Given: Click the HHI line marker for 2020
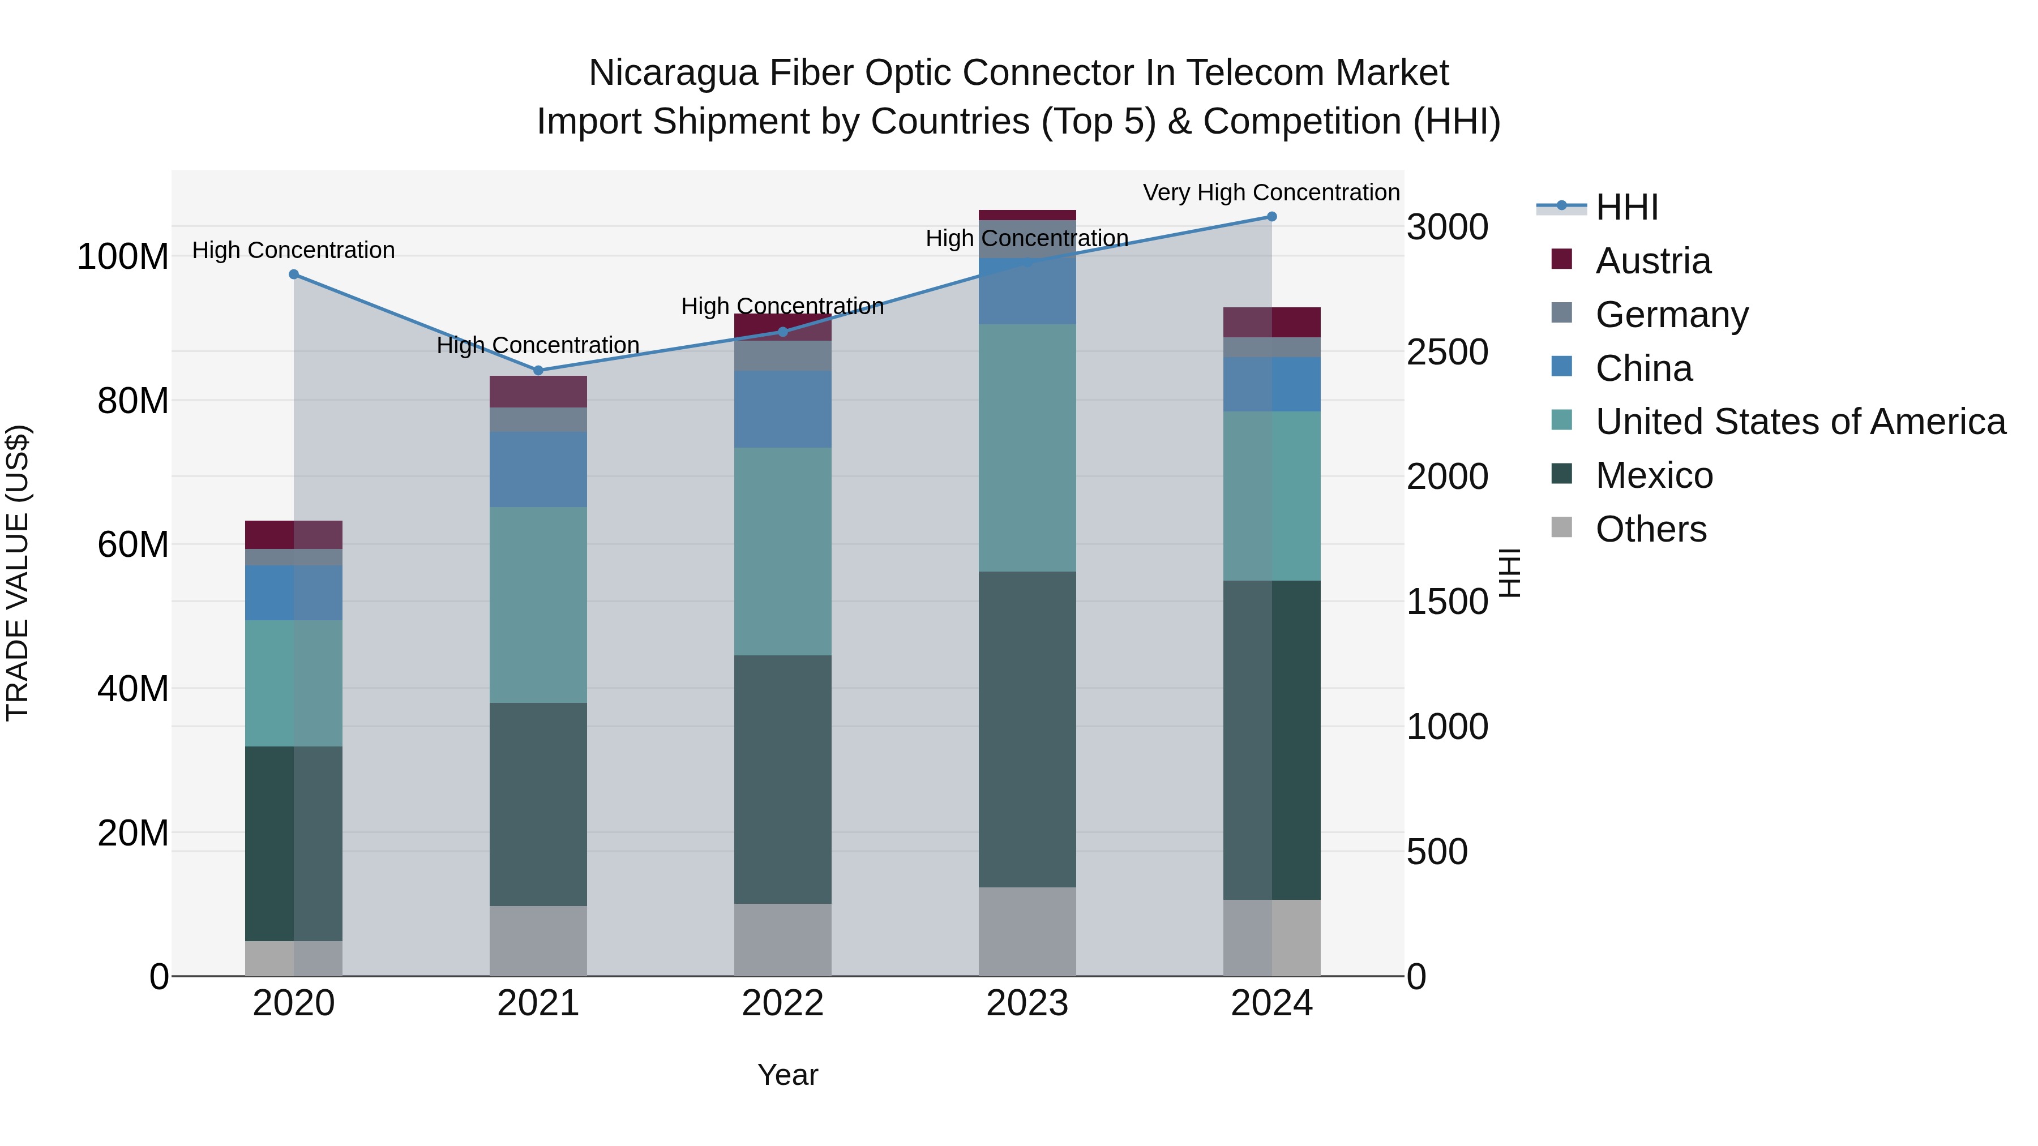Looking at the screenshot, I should (x=293, y=274).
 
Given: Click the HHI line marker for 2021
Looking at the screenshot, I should (x=538, y=370).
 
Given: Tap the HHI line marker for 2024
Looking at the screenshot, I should (x=1271, y=217).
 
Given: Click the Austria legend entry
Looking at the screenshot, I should (x=1652, y=261).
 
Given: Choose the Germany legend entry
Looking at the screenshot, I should (x=1672, y=315).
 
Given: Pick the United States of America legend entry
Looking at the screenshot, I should (x=1800, y=422).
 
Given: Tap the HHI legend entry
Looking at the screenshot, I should (x=1626, y=207).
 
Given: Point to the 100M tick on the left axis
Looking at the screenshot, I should (x=123, y=257).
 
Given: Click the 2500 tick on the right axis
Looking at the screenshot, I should (x=1447, y=352).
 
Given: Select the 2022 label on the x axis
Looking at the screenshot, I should (x=782, y=1003).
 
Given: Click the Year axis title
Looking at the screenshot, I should (x=787, y=1075).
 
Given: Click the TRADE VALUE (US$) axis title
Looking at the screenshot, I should (x=18, y=573).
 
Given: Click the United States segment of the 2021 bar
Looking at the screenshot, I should (x=538, y=605).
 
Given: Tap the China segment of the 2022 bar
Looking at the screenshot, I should (x=782, y=409).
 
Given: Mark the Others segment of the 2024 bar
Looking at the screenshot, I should (x=1271, y=937).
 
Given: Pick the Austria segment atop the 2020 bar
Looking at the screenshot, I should (x=293, y=535).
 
